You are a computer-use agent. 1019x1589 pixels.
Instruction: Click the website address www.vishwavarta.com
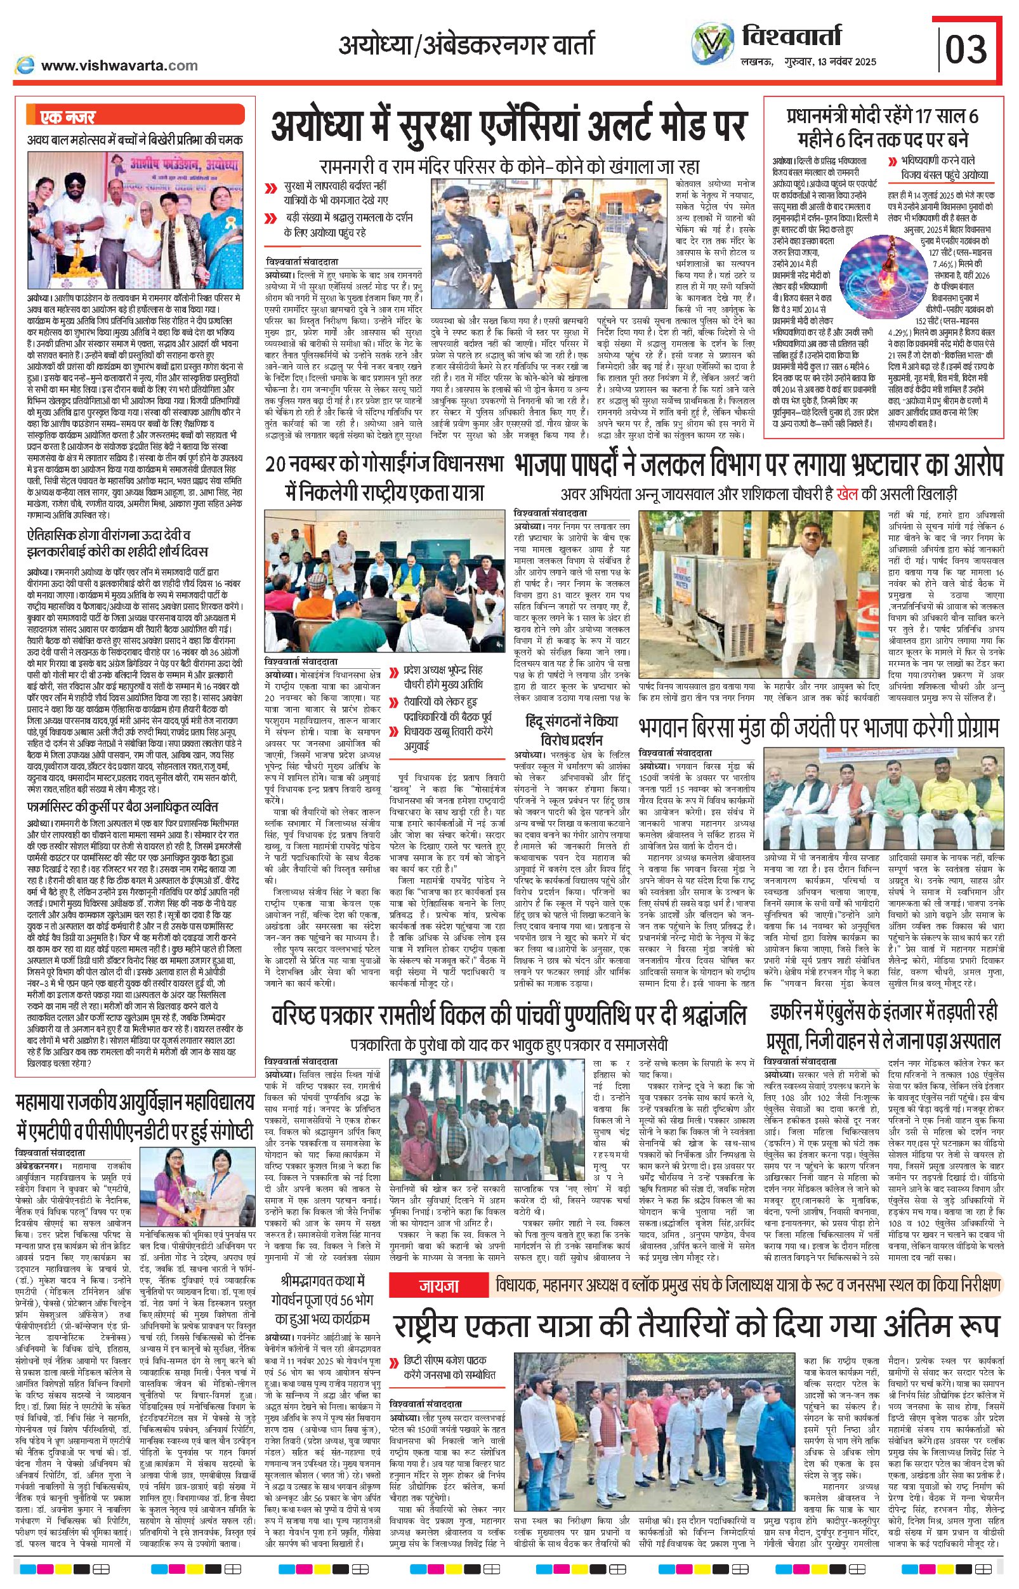(x=119, y=65)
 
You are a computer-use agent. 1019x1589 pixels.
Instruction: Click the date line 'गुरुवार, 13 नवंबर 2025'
(x=824, y=62)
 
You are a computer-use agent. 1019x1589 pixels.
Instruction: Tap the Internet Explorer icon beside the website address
(x=25, y=65)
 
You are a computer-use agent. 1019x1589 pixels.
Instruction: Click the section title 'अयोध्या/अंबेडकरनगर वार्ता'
(x=466, y=45)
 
